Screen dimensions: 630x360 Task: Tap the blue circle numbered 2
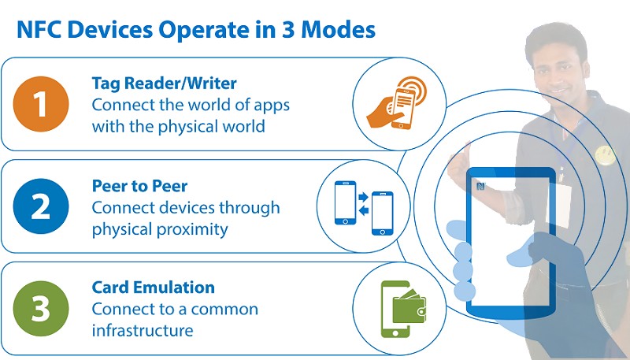point(40,206)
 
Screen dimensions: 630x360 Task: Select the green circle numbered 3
point(40,310)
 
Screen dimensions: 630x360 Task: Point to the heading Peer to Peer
point(139,187)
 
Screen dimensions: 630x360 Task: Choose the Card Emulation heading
point(154,288)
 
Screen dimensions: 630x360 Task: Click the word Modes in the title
point(334,29)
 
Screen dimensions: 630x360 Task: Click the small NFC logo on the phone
point(480,187)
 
